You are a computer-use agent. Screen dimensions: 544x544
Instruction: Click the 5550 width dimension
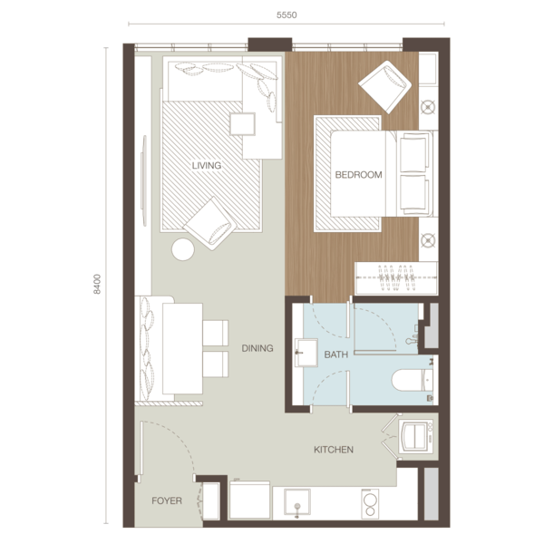coord(287,15)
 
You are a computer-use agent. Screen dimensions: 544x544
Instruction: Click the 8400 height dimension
coord(97,284)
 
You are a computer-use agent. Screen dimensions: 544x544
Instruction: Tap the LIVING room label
coord(207,166)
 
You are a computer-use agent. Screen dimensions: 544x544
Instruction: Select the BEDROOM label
coord(358,174)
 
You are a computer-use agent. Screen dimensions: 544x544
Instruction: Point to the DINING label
coord(257,348)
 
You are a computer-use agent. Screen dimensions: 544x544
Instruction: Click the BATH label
coord(335,355)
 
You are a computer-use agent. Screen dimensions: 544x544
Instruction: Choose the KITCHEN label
coord(334,450)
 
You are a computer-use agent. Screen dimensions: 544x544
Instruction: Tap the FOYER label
coord(167,500)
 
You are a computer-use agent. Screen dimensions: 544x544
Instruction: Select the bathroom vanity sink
coord(306,353)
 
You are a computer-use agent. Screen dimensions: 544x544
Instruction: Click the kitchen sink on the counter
coord(297,502)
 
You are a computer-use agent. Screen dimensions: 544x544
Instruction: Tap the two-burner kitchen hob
coord(370,504)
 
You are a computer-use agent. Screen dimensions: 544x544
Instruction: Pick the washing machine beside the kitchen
coord(415,436)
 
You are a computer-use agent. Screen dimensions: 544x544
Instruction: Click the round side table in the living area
coord(183,249)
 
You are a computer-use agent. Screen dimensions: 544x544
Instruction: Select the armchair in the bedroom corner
coord(384,87)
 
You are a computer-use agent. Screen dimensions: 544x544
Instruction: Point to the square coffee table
coord(242,124)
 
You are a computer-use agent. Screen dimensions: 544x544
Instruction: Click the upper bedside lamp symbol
coord(428,107)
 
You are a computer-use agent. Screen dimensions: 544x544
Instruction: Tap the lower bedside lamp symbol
coord(428,240)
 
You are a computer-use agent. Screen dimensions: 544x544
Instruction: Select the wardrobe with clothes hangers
coord(396,278)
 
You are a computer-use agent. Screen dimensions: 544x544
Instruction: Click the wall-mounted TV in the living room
coord(143,180)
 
